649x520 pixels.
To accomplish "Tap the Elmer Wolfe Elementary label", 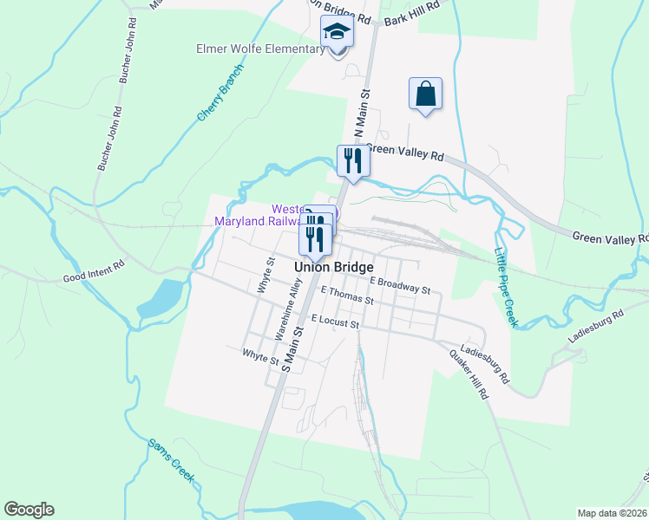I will point(260,49).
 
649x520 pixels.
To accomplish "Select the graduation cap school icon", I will point(337,33).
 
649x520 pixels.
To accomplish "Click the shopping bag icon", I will point(425,94).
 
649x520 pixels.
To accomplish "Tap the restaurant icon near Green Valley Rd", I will point(353,160).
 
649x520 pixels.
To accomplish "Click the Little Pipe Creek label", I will point(505,287).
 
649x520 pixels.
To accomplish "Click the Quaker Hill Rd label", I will point(469,375).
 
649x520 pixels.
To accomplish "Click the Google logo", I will point(29,510).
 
